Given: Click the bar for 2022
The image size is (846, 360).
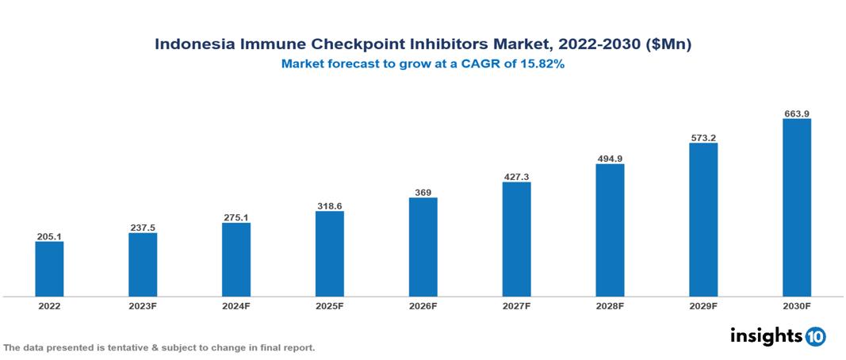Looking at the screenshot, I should point(49,269).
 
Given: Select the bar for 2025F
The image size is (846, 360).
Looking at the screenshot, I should point(329,254).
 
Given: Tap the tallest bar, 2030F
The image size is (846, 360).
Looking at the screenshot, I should point(796,208).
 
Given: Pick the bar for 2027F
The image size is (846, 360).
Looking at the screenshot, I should point(516,239).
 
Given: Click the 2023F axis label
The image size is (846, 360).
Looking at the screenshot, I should point(143,306).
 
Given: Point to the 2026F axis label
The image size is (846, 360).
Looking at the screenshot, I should point(423,306).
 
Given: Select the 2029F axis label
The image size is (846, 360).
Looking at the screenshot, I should point(703,306).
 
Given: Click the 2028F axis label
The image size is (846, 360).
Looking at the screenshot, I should point(610,306).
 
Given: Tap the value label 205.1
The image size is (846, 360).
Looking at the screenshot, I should point(49,236).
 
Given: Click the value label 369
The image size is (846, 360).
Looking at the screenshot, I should point(423,192).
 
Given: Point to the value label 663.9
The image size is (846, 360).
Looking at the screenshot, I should point(796,114).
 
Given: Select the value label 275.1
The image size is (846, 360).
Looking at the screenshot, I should point(236,217).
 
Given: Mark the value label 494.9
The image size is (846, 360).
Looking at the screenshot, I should point(610,159).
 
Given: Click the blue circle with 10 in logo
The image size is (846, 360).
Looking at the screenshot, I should point(815,336).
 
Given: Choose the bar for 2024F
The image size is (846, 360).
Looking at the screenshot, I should point(236,259).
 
